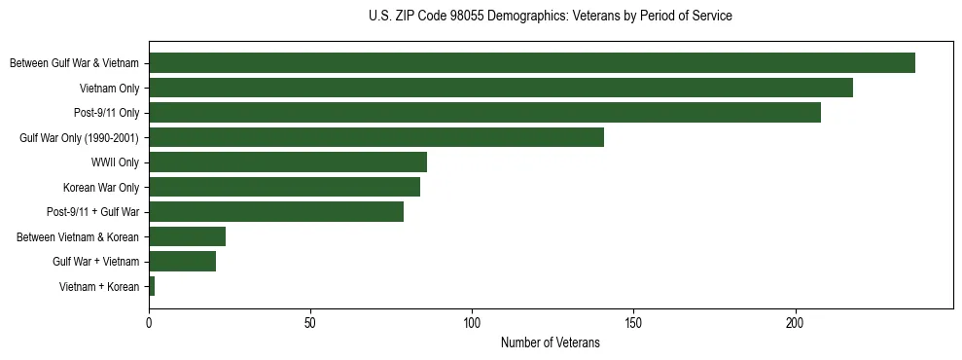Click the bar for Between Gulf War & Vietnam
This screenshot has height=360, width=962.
[532, 63]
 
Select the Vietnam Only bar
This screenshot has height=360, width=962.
[501, 88]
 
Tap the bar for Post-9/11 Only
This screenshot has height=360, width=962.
[484, 113]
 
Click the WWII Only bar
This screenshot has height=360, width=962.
[288, 162]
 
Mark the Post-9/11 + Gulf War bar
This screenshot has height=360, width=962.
[276, 212]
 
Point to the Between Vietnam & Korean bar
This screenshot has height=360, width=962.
[187, 236]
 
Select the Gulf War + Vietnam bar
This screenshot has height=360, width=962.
[182, 262]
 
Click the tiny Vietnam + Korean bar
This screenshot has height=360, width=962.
[152, 286]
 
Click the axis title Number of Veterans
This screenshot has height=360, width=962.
[550, 342]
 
